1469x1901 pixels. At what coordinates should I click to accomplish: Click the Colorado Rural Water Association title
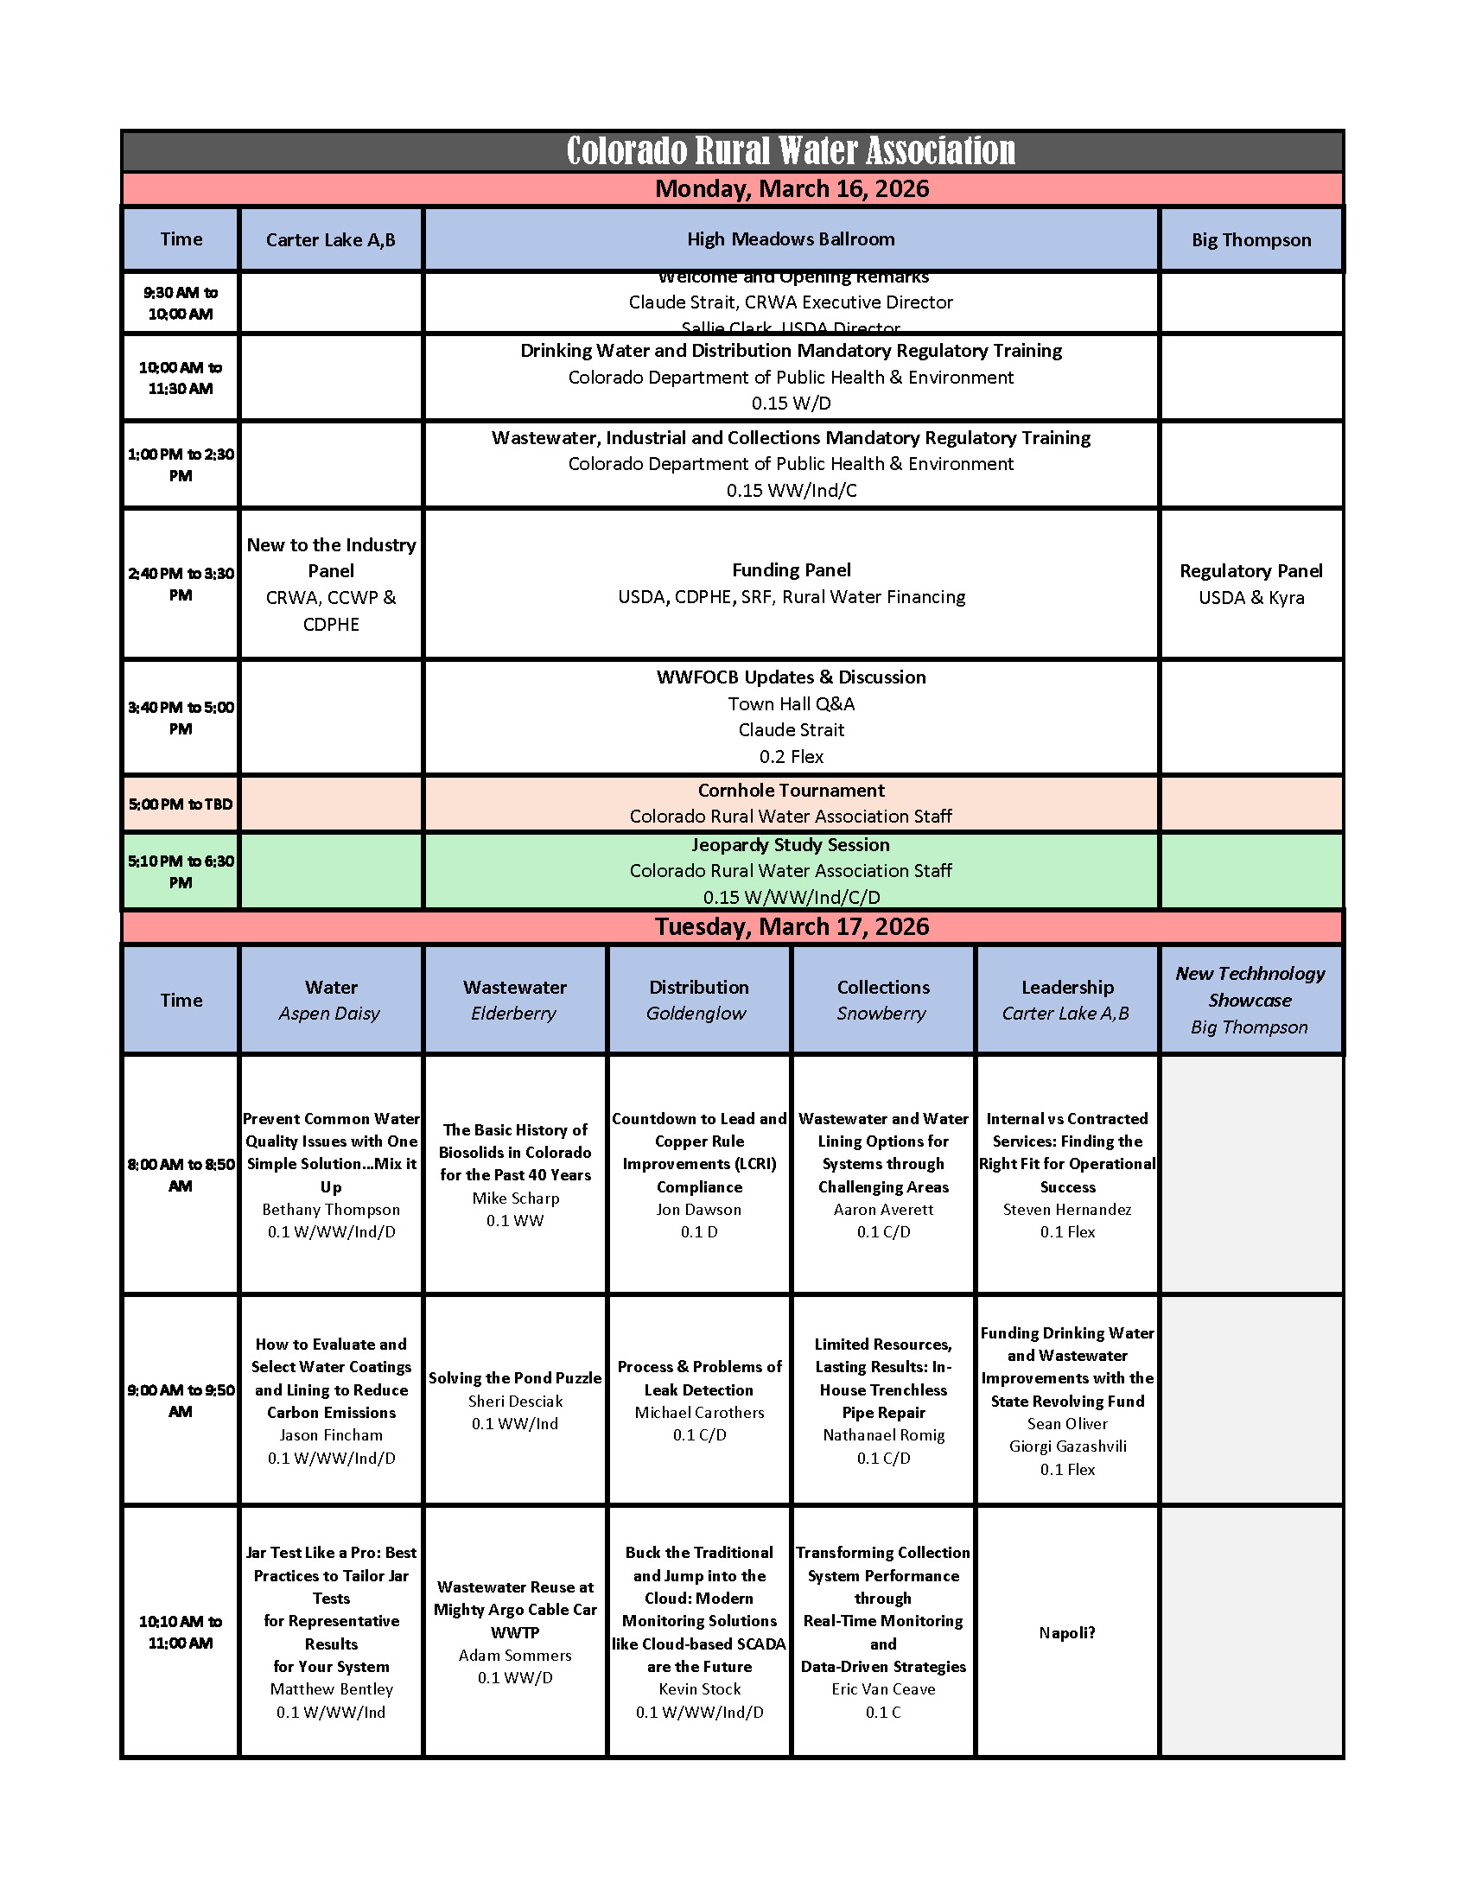pyautogui.click(x=790, y=151)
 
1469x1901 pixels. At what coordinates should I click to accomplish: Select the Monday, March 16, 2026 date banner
pyautogui.click(x=791, y=189)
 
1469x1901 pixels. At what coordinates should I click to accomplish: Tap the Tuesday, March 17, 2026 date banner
pyautogui.click(x=791, y=926)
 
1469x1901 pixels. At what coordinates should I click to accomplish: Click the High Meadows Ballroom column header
pyautogui.click(x=790, y=239)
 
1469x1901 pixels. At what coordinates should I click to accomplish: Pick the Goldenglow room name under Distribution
pyautogui.click(x=696, y=1014)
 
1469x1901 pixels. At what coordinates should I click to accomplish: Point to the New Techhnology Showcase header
pyautogui.click(x=1250, y=986)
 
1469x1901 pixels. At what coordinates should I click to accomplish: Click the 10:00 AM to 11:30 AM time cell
pyautogui.click(x=180, y=378)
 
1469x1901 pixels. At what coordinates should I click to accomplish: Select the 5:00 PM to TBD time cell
pyautogui.click(x=180, y=804)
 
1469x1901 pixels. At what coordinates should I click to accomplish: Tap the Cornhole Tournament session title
pyautogui.click(x=791, y=791)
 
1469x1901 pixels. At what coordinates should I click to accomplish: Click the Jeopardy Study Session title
pyautogui.click(x=790, y=844)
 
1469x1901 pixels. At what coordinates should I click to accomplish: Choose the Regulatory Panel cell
pyautogui.click(x=1250, y=583)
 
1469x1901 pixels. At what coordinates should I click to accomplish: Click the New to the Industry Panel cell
pyautogui.click(x=331, y=583)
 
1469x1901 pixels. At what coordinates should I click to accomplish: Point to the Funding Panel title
pyautogui.click(x=791, y=570)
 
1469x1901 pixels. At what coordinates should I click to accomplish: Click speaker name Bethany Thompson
pyautogui.click(x=331, y=1209)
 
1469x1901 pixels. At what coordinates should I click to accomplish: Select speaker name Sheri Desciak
pyautogui.click(x=515, y=1402)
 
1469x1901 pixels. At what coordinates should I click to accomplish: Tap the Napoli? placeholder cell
pyautogui.click(x=1067, y=1633)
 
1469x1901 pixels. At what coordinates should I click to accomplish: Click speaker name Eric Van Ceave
pyautogui.click(x=883, y=1688)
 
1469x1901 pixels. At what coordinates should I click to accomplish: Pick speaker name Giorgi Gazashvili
pyautogui.click(x=1067, y=1446)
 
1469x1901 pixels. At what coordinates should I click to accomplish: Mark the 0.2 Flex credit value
pyautogui.click(x=791, y=756)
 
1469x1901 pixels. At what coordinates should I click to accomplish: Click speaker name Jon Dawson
pyautogui.click(x=699, y=1209)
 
